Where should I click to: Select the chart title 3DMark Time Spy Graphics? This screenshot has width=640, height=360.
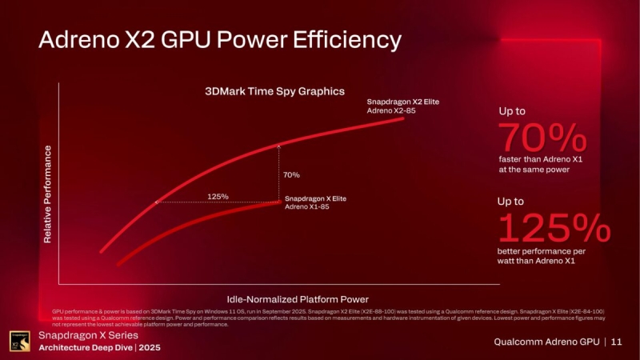point(263,91)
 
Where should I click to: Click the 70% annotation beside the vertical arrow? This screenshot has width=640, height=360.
point(292,174)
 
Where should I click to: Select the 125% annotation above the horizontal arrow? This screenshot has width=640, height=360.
point(218,196)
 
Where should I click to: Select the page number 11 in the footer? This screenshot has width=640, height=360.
point(615,342)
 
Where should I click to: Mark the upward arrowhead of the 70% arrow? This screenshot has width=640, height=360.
point(278,146)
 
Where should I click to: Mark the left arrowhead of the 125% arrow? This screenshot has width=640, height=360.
point(157,202)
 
